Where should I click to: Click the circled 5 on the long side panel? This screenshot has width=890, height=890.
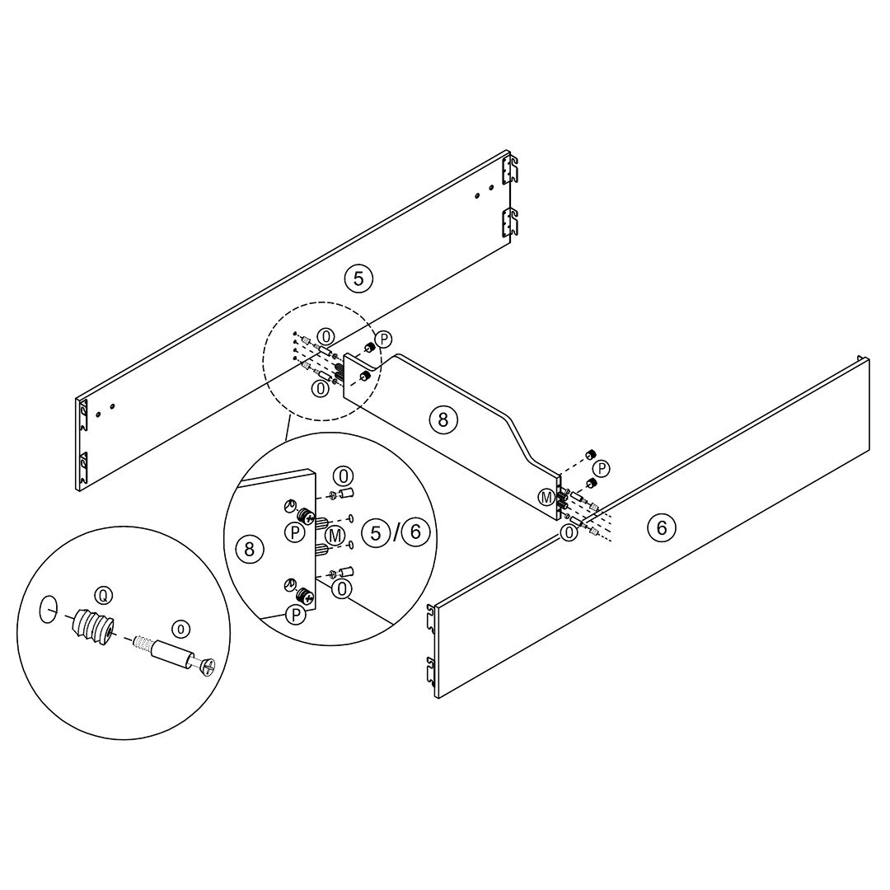[358, 279]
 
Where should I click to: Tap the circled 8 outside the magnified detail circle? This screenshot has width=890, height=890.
[443, 419]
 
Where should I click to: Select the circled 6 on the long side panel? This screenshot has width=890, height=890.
[661, 528]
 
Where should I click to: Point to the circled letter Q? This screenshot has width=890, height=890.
[103, 596]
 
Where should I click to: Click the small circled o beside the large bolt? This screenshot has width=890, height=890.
[181, 629]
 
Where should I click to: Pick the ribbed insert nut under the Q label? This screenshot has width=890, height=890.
[91, 628]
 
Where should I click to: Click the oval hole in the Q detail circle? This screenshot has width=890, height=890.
[48, 609]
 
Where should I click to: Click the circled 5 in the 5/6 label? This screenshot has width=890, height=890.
[375, 532]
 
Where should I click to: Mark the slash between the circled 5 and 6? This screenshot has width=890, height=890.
[396, 532]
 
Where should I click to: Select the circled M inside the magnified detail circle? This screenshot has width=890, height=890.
[335, 535]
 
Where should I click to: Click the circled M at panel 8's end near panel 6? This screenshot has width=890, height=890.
[546, 498]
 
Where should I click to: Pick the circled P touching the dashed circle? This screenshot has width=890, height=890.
[384, 340]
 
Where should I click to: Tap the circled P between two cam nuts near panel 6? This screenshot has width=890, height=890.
[601, 469]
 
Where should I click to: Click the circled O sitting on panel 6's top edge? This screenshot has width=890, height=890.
[568, 532]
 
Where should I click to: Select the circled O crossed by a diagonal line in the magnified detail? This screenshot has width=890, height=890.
[342, 589]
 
